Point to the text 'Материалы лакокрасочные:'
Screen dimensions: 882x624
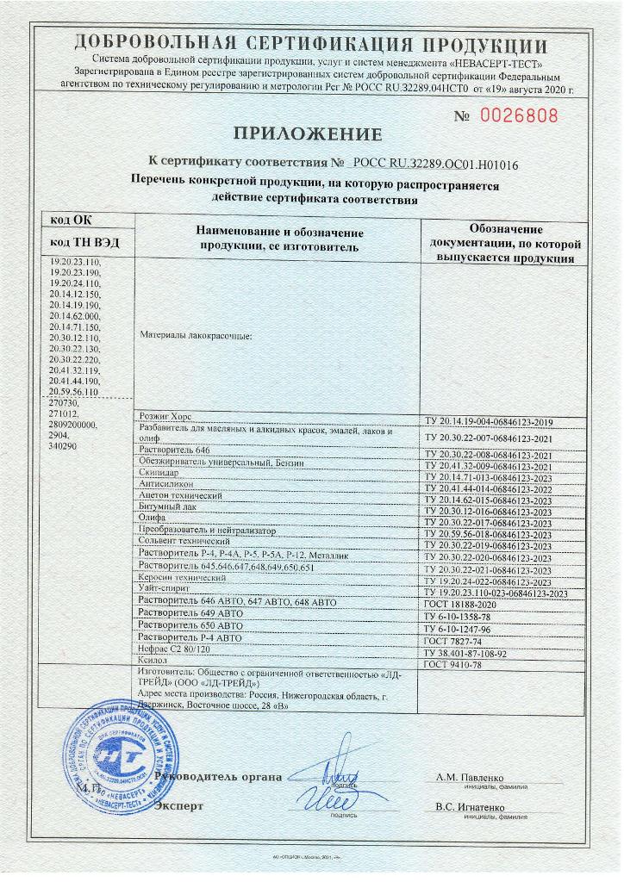click(196, 336)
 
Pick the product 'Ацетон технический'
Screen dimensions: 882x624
click(181, 498)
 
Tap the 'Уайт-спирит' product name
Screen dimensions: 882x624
click(170, 588)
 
